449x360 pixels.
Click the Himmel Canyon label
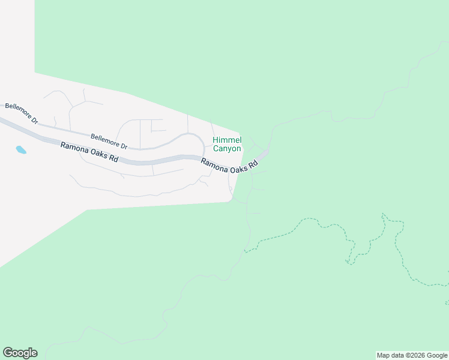[x=227, y=144]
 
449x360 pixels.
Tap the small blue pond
[x=21, y=149]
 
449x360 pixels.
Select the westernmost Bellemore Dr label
[x=21, y=113]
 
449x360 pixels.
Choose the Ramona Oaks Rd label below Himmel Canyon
[x=229, y=166]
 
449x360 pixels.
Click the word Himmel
[x=227, y=140]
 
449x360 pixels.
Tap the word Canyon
[x=227, y=148]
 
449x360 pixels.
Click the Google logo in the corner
[x=20, y=353]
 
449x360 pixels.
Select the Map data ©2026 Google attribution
[x=412, y=355]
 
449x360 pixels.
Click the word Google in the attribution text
[x=437, y=355]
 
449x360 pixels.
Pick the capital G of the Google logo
[x=8, y=352]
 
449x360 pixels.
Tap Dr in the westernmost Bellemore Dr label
[x=34, y=119]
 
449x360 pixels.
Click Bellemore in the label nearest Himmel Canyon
[x=103, y=140]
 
